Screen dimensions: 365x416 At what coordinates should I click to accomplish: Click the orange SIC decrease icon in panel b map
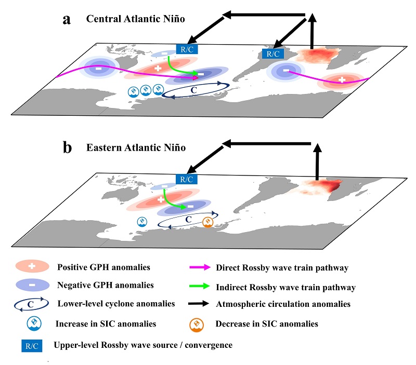click(207, 224)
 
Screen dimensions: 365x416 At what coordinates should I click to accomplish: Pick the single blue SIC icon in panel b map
click(141, 222)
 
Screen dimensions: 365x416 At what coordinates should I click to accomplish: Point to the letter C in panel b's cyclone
click(189, 220)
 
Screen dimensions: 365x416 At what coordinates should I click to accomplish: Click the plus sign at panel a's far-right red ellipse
click(342, 80)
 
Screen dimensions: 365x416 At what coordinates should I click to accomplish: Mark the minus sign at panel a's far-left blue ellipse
click(98, 68)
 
